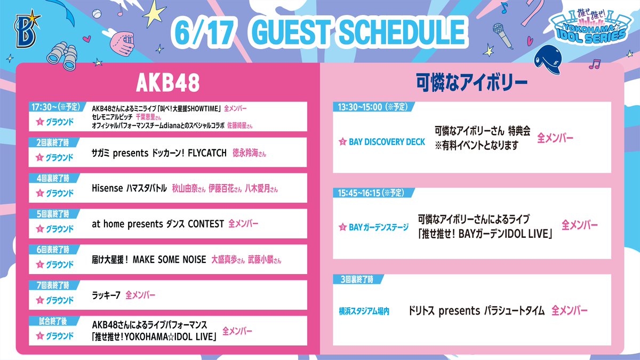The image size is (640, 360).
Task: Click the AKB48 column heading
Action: click(167, 82)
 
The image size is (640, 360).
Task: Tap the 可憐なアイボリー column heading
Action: click(471, 83)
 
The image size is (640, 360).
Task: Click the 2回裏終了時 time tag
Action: click(53, 142)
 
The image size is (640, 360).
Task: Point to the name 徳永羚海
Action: click(245, 153)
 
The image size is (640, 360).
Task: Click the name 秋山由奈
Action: click(185, 189)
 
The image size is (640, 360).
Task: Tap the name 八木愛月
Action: click(257, 189)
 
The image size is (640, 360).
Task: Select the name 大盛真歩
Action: click(224, 259)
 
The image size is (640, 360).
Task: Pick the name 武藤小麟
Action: click(261, 259)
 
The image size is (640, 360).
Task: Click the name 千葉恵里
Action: click(146, 117)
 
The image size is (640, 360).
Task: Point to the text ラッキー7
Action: click(106, 295)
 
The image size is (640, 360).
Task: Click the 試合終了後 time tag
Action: click(53, 321)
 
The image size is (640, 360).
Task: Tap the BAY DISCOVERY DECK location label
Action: click(387, 142)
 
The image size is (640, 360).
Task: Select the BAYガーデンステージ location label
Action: click(379, 227)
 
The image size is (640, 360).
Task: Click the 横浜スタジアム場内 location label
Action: click(364, 311)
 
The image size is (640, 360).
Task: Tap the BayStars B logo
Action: click(28, 29)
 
